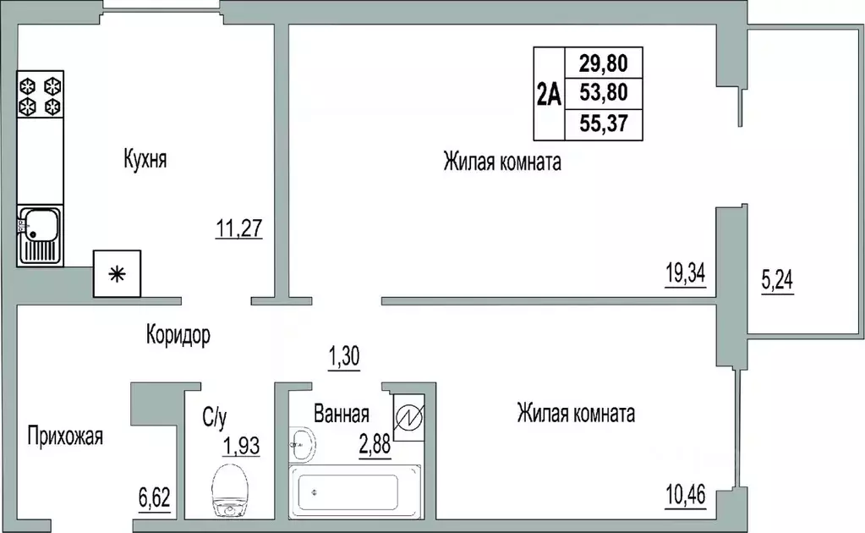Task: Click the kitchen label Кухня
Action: [x=145, y=159]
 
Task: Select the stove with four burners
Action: [x=41, y=95]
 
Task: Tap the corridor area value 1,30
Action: [x=344, y=357]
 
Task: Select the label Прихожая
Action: [x=65, y=437]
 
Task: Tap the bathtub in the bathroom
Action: [x=355, y=492]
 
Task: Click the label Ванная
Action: [x=341, y=415]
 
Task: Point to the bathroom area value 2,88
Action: [x=374, y=442]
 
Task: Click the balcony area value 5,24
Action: [x=779, y=280]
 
